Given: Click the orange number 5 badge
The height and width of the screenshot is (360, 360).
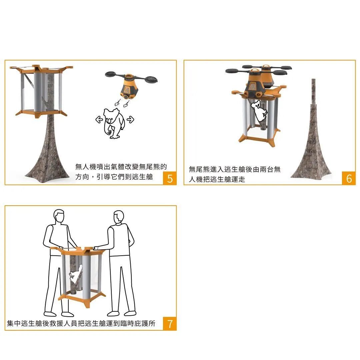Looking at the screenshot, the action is (170, 178).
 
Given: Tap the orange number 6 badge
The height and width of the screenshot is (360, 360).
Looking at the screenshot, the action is (349, 178).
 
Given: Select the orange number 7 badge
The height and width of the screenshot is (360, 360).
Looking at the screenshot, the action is (170, 324).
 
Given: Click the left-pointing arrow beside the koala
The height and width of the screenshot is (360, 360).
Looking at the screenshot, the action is (99, 119).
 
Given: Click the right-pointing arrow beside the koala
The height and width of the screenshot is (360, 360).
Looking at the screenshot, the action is (130, 119).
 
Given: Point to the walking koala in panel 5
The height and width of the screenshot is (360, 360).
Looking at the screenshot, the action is (114, 124).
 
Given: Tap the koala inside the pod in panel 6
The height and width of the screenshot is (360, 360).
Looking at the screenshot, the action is (259, 110).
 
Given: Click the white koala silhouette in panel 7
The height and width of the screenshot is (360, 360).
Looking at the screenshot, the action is (76, 275).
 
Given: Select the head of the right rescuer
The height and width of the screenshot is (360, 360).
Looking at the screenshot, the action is (119, 218).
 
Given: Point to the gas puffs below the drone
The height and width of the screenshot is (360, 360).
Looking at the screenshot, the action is (122, 103).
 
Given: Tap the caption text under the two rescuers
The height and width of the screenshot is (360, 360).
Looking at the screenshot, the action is (81, 323).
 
